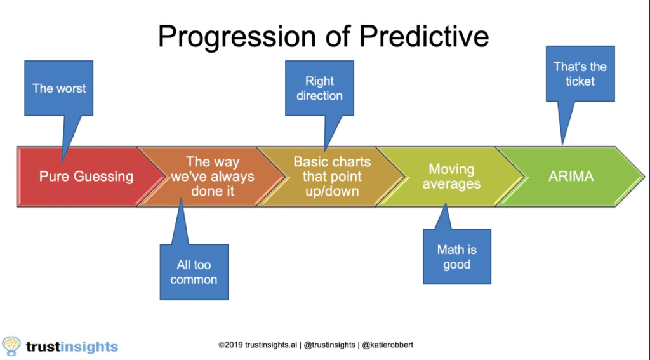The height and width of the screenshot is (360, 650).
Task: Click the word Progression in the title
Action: [x=236, y=37]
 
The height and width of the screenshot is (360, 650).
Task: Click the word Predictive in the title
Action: [x=424, y=36]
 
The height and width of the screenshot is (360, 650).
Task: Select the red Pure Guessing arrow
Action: [x=86, y=177]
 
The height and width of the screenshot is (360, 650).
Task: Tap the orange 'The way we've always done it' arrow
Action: [x=212, y=177]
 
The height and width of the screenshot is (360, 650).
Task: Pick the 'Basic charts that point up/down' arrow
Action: [x=331, y=177]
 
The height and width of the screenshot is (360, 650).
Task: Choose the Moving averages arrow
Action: [x=451, y=177]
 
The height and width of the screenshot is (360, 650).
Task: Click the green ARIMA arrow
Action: [x=571, y=177]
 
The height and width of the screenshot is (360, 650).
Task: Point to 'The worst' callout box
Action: [x=59, y=88]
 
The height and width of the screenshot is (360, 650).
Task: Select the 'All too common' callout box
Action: [x=194, y=272]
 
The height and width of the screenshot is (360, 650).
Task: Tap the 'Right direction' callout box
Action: [x=319, y=88]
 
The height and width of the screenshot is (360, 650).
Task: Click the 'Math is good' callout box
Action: [x=457, y=257]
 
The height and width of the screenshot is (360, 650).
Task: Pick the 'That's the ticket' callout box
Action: [x=580, y=74]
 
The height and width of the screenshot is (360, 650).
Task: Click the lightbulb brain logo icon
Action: [x=11, y=346]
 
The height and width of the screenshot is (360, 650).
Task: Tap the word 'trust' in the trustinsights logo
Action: [x=43, y=346]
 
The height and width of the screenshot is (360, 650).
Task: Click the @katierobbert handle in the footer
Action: [x=388, y=345]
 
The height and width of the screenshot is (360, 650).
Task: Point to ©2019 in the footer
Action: [x=231, y=345]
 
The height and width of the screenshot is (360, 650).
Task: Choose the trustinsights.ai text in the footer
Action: [x=271, y=345]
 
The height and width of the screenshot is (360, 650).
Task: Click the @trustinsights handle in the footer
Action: [x=329, y=345]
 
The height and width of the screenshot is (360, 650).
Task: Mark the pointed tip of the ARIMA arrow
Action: [x=644, y=177]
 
